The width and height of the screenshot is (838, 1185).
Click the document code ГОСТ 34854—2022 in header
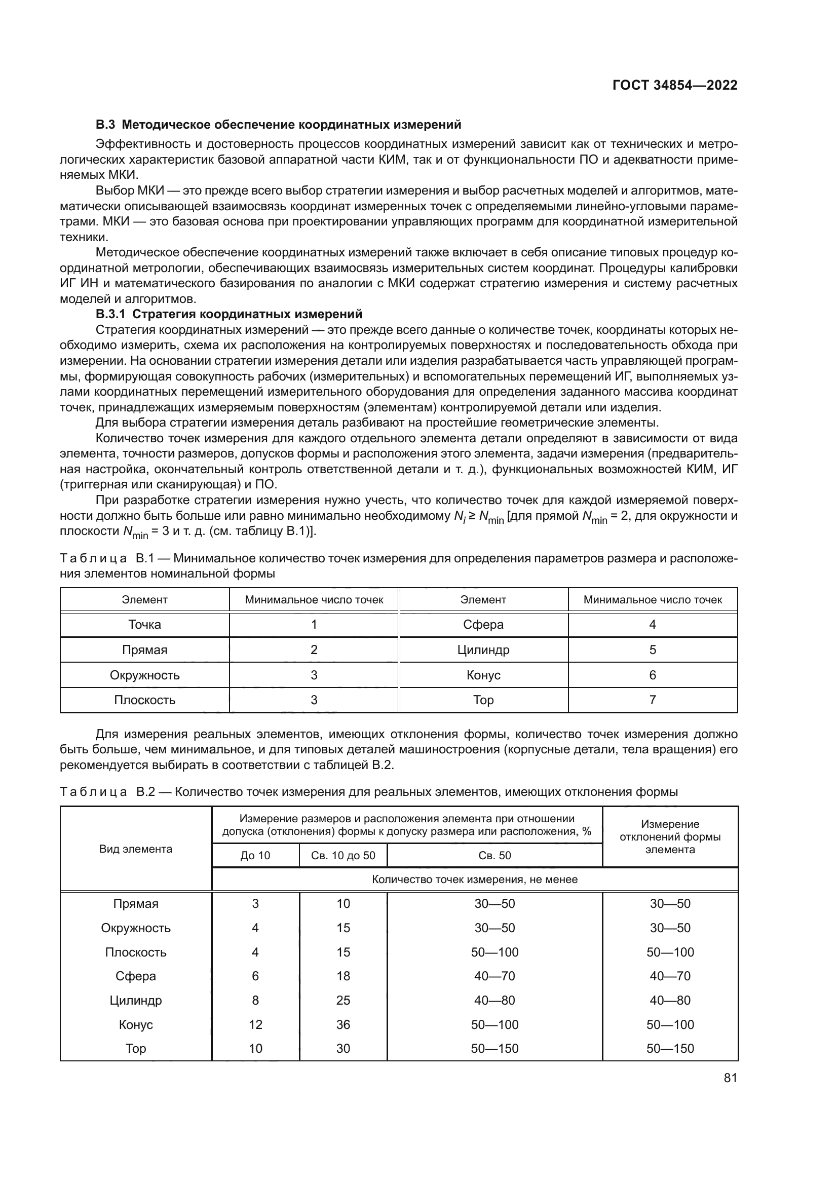(x=674, y=85)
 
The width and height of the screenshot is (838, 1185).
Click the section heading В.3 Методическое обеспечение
(x=278, y=125)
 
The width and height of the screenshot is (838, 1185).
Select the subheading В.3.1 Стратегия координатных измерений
(x=229, y=314)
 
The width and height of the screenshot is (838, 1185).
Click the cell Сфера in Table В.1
(x=483, y=625)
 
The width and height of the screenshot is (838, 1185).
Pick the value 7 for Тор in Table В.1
(x=652, y=700)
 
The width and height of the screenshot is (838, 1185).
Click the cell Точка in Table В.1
(x=144, y=625)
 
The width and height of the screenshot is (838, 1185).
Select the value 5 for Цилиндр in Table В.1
(x=652, y=650)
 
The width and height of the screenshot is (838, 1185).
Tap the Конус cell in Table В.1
(x=483, y=675)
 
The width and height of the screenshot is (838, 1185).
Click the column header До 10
(x=255, y=855)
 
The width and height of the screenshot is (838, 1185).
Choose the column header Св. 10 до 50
(x=343, y=855)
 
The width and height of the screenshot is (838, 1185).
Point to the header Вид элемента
(x=136, y=849)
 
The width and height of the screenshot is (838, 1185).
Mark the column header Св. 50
(x=494, y=855)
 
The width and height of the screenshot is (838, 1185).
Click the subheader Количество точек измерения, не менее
(x=474, y=880)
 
